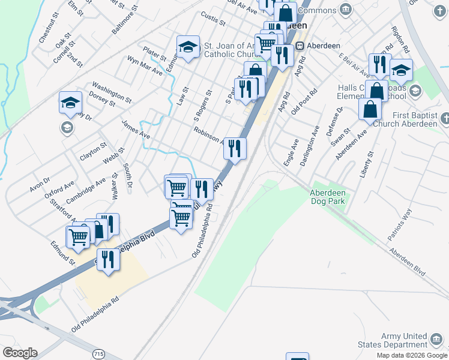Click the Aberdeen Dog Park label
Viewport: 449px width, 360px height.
[327, 197]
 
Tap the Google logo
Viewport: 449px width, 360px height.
[20, 353]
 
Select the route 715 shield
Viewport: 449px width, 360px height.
[98, 354]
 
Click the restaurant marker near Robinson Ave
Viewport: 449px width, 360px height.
[235, 148]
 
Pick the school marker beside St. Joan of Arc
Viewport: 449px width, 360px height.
[188, 47]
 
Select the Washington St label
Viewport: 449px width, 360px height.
[111, 92]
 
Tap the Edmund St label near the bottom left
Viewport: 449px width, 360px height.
[63, 253]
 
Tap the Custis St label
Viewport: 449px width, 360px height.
[213, 19]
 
